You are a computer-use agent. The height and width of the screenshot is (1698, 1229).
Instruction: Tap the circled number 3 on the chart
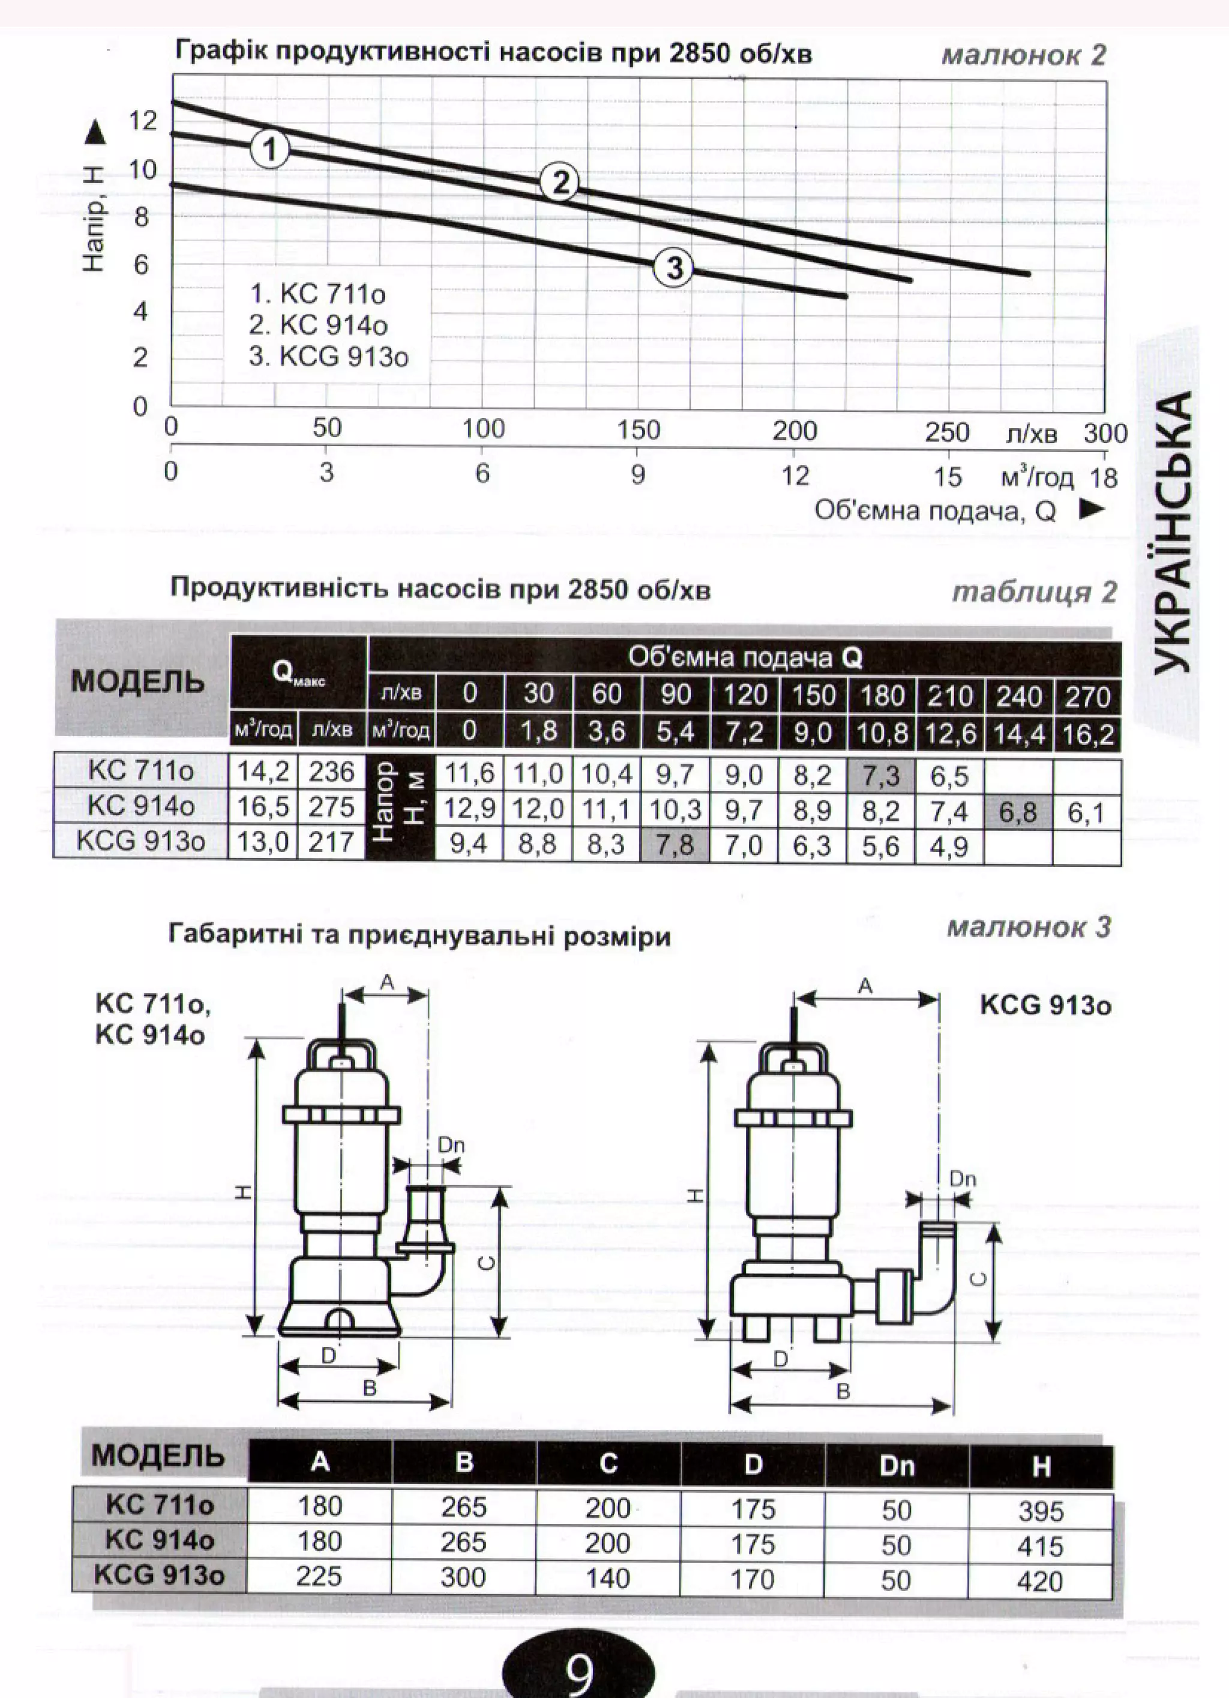click(674, 267)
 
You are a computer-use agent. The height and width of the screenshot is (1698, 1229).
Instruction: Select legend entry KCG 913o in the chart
click(329, 357)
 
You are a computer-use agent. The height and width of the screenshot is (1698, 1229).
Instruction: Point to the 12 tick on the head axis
click(143, 120)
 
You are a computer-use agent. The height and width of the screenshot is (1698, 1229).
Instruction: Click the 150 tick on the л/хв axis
click(639, 430)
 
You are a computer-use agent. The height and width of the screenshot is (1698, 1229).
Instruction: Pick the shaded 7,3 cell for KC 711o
click(881, 776)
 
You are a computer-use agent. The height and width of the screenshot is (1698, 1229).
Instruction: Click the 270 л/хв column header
click(1087, 696)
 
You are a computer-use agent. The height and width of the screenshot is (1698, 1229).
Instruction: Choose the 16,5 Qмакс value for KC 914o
click(263, 806)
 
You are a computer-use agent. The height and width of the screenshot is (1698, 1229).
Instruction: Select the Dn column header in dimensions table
click(896, 1465)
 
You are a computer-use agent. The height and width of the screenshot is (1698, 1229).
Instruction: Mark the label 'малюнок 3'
click(1029, 928)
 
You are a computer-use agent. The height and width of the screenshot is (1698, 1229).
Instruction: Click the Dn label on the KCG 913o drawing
click(963, 1179)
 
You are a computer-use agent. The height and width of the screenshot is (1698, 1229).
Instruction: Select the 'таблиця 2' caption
click(1035, 591)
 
